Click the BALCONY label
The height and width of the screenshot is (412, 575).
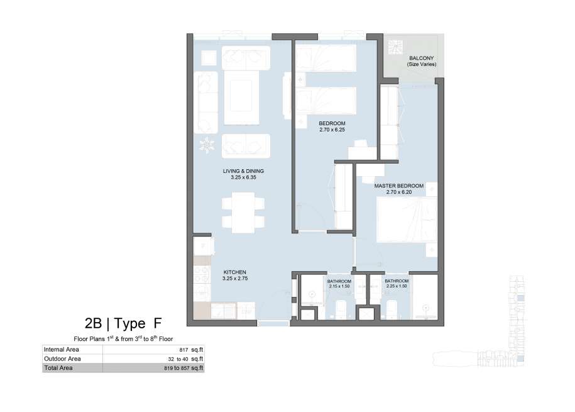tap(421, 58)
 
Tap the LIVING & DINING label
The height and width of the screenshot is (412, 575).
tap(243, 171)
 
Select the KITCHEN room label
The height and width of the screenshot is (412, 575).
tap(234, 272)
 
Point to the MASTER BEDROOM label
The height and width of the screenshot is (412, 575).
tap(398, 186)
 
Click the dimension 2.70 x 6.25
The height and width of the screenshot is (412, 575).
tap(332, 130)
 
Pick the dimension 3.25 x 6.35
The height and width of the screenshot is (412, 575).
tap(243, 177)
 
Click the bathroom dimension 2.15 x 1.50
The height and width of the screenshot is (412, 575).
tap(339, 286)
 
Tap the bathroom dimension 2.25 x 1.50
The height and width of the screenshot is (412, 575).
tap(397, 286)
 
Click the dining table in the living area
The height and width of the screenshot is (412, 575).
tap(243, 213)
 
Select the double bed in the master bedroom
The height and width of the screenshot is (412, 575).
tap(407, 220)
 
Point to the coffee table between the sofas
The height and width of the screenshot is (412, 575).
tap(241, 97)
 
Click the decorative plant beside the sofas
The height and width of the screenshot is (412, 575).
tap(207, 145)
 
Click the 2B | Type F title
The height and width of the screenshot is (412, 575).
tap(123, 323)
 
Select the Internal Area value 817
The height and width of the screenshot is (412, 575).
tap(183, 350)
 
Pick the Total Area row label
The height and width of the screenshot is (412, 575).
tap(58, 368)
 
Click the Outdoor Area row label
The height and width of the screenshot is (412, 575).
tap(62, 359)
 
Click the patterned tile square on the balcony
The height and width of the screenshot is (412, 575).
tap(395, 47)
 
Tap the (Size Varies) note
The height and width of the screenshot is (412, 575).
tap(421, 64)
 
